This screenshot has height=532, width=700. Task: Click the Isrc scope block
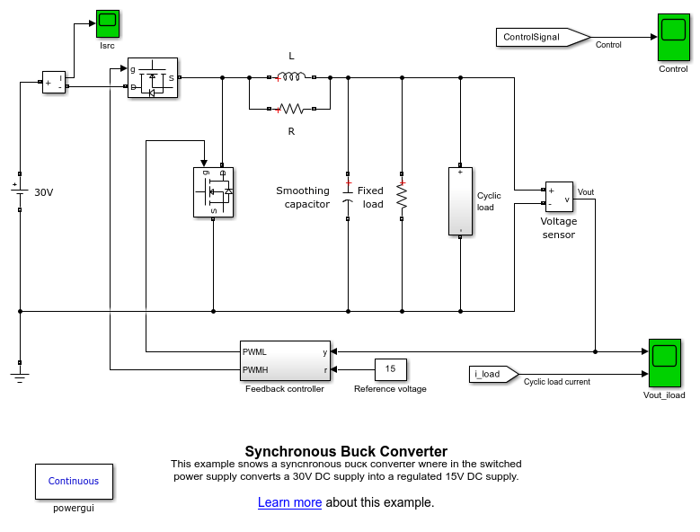(108, 23)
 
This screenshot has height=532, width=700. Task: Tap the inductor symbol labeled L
(291, 77)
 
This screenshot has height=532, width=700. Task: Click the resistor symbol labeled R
(291, 110)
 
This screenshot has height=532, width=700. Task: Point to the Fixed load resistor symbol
(402, 195)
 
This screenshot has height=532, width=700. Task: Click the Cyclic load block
(460, 200)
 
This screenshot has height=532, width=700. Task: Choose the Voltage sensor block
(559, 197)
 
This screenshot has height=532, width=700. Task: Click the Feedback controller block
(283, 360)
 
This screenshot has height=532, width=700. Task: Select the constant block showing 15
(390, 369)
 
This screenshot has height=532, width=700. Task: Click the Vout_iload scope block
(664, 362)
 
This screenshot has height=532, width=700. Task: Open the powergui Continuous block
(74, 481)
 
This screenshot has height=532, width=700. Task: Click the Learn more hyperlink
(289, 502)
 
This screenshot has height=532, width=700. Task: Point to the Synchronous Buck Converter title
(346, 451)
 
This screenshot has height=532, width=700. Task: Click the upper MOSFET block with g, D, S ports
(152, 78)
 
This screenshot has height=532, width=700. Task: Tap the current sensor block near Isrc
(54, 82)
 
